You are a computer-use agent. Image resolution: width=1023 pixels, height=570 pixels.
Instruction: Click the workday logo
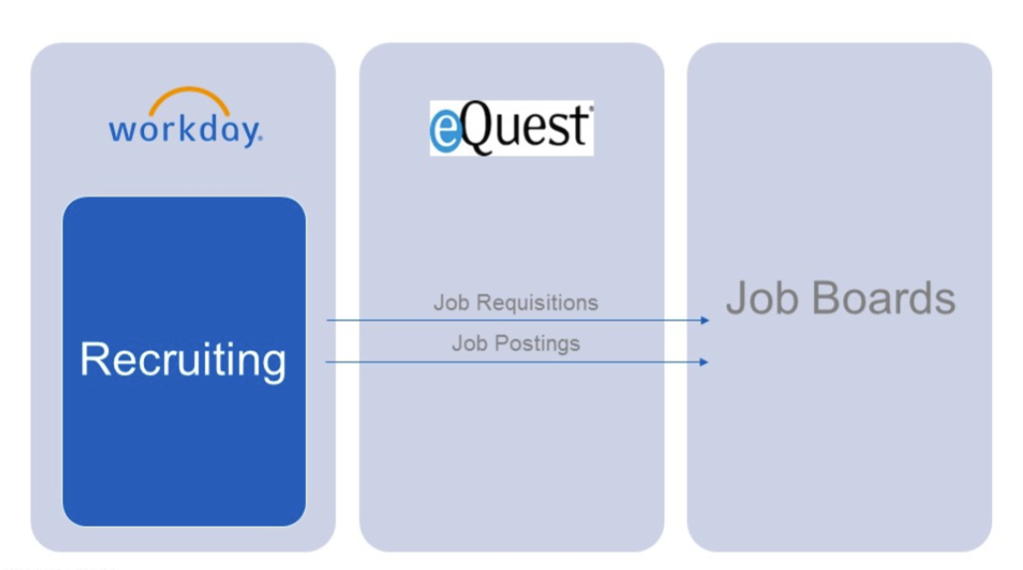point(185,119)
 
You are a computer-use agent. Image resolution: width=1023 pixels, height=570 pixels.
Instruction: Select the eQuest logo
point(511,128)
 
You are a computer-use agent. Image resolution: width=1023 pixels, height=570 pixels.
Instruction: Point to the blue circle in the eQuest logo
point(446,134)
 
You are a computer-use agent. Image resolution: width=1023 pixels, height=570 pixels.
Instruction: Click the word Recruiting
point(183,359)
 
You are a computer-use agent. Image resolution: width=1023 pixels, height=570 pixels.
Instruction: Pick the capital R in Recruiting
point(95,358)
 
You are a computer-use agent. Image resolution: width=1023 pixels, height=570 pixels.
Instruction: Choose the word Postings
point(537,343)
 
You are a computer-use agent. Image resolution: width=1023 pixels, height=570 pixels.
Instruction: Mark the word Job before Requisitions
point(452,302)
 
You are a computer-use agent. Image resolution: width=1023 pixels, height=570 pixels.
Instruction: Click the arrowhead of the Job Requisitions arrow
point(704,320)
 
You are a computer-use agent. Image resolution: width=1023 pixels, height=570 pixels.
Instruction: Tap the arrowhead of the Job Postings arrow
point(704,361)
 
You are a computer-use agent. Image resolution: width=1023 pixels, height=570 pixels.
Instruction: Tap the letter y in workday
point(250,134)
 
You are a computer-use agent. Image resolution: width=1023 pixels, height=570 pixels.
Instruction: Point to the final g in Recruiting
point(274,363)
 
